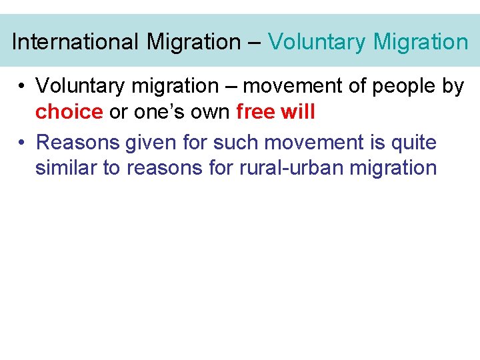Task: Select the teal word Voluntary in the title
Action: pos(317,42)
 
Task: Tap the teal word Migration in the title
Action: pos(421,42)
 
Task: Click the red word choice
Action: pos(69,112)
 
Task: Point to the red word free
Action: pos(255,112)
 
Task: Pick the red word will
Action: pos(298,112)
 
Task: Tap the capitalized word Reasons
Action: pos(77,142)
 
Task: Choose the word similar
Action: pos(65,167)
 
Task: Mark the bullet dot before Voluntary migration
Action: pos(22,86)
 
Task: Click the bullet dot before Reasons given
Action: pos(22,142)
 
